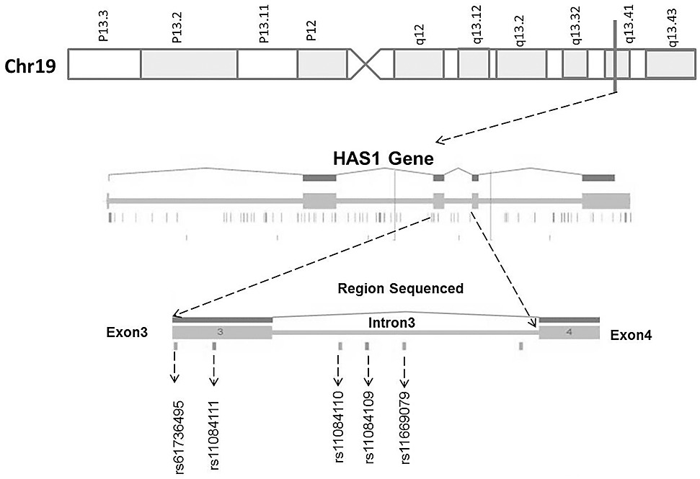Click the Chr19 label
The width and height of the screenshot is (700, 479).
32,65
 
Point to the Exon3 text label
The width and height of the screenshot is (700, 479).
130,334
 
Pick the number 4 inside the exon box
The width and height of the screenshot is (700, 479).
569,332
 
